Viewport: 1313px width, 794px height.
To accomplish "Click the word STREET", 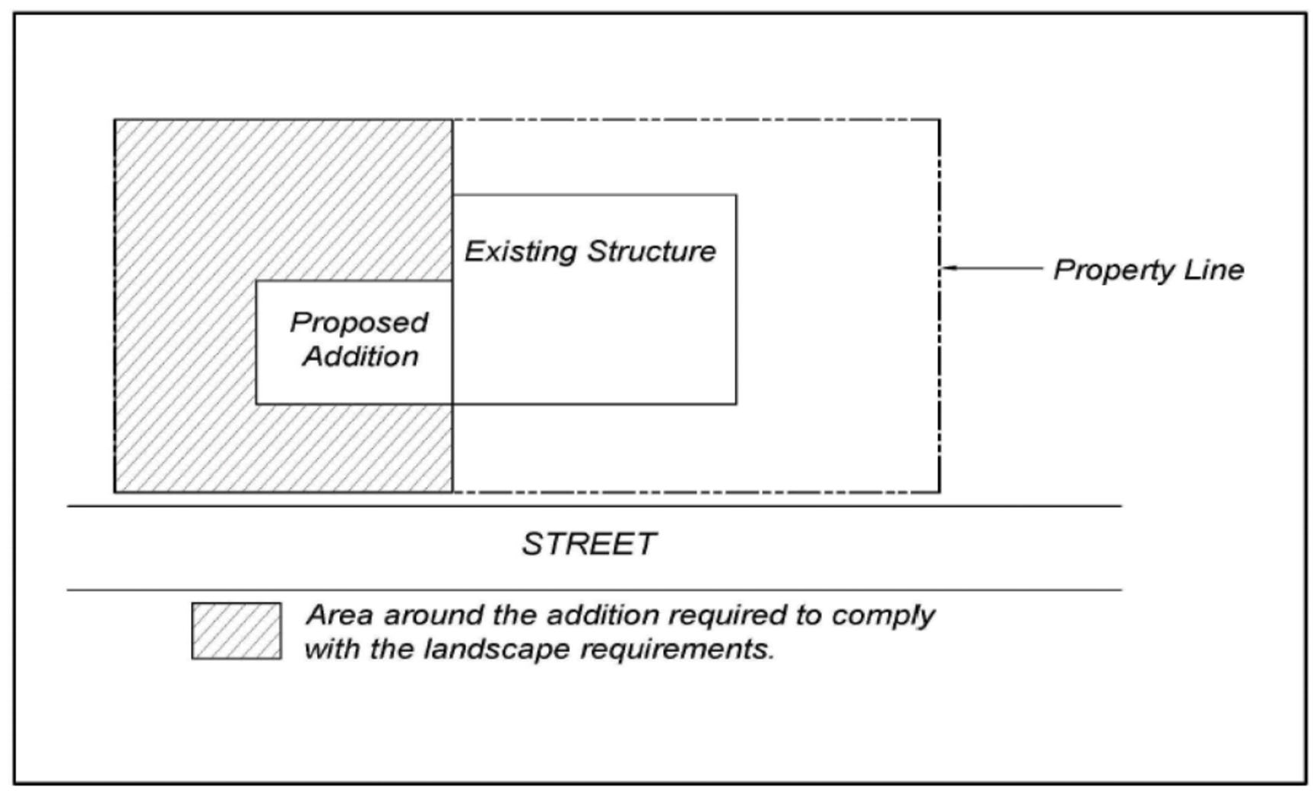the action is point(588,544).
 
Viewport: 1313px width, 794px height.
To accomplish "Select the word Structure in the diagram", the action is point(652,251).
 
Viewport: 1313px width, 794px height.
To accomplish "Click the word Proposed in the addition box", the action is point(359,323).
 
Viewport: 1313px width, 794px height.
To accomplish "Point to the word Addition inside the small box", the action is point(360,356).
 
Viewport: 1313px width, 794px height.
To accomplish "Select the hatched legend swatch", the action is point(236,631).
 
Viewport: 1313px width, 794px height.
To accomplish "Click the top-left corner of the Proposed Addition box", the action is point(256,280).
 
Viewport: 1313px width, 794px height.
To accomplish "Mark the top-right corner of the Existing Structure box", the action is point(736,195).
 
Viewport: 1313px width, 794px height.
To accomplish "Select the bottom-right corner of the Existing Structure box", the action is point(736,403).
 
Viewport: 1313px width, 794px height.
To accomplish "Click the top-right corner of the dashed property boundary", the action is point(940,119).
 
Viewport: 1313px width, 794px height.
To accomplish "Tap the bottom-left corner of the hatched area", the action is point(115,492).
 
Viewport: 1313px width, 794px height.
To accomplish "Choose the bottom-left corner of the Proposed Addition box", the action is point(256,403).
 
